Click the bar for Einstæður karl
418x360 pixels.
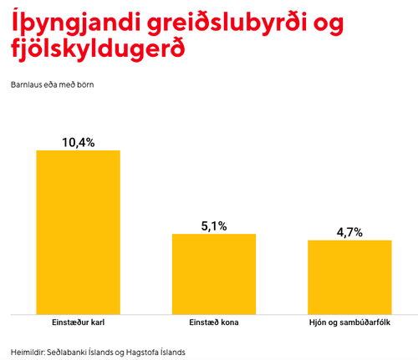pos(78,231)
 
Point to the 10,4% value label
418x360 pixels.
pos(79,142)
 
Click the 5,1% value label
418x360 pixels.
pos(214,226)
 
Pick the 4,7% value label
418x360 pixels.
pos(349,232)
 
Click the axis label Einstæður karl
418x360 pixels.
pos(78,322)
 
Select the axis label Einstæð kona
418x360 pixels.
pos(214,322)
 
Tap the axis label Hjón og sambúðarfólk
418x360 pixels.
pos(349,322)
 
